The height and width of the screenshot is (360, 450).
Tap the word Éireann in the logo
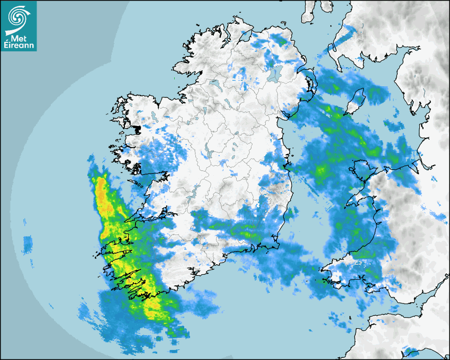pyautogui.click(x=19, y=46)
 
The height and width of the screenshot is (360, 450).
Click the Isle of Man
pyautogui.click(x=357, y=101)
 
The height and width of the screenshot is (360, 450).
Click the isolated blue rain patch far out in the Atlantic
pyautogui.click(x=28, y=244)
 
